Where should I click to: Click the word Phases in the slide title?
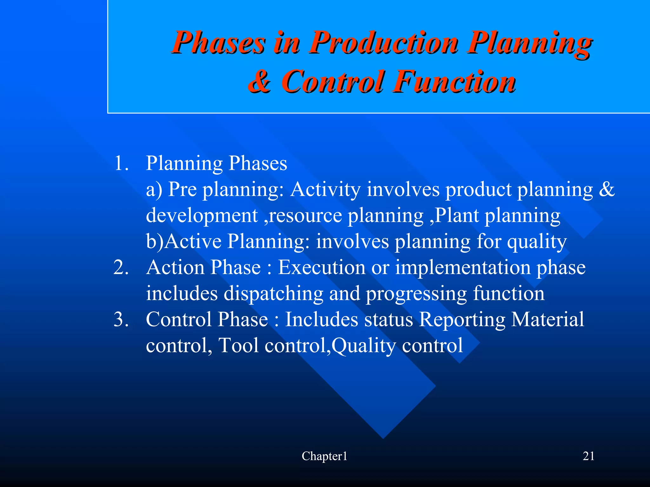click(218, 43)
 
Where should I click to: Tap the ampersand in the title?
click(259, 82)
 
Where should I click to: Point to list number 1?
click(121, 163)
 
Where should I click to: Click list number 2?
click(121, 267)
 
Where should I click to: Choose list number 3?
click(121, 319)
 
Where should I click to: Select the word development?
click(202, 216)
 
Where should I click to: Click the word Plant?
click(457, 216)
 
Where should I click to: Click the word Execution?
click(322, 267)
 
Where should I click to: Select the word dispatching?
click(274, 293)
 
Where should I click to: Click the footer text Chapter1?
click(324, 456)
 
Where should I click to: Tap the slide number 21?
click(588, 456)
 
